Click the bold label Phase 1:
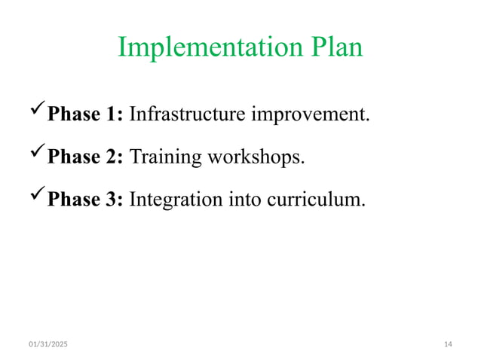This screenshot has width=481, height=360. pyautogui.click(x=85, y=114)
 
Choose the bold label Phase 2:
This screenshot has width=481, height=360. pyautogui.click(x=85, y=157)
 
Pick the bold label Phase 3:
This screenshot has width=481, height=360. pyautogui.click(x=85, y=200)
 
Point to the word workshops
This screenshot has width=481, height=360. pyautogui.click(x=257, y=158)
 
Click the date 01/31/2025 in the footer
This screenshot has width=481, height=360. pyautogui.click(x=47, y=344)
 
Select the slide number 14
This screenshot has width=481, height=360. pyautogui.click(x=448, y=344)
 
